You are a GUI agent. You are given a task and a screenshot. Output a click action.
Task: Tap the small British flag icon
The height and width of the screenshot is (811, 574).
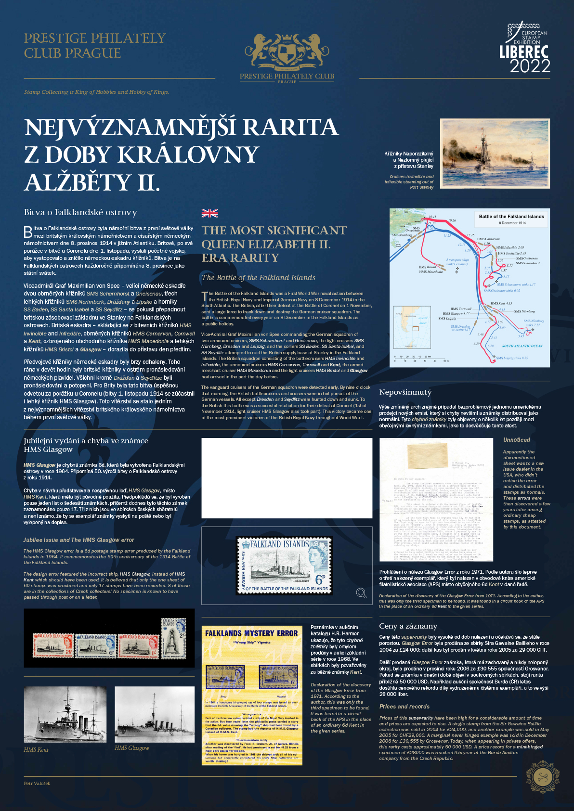tap(209, 213)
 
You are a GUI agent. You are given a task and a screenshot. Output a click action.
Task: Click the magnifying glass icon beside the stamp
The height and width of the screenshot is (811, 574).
tap(361, 593)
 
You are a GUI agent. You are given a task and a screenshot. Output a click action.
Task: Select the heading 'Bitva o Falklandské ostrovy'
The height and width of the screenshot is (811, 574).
tap(80, 212)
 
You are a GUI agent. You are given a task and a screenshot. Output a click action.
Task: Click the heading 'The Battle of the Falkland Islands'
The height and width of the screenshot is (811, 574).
tap(258, 278)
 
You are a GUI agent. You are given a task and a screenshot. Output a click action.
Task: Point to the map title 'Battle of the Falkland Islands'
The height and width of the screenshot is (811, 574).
tap(511, 217)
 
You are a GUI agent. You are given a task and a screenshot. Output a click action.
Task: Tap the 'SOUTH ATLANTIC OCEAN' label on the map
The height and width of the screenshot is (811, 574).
tap(522, 346)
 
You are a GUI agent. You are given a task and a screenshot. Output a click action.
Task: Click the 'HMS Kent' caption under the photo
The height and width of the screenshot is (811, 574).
tap(36, 750)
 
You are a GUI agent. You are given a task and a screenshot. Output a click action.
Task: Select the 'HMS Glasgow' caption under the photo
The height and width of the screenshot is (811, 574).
tap(132, 748)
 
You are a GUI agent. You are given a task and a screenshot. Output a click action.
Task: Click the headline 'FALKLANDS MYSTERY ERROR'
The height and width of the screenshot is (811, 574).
tap(251, 633)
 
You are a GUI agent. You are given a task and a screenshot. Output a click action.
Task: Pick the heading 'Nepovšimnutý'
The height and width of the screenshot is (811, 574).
tap(405, 392)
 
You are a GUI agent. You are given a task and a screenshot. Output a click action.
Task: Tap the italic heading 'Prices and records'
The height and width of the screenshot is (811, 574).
tap(404, 707)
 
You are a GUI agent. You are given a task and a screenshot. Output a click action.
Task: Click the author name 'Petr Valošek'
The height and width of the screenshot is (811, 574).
tap(37, 784)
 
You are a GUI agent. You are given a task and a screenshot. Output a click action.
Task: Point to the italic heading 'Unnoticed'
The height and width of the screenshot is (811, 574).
tap(516, 440)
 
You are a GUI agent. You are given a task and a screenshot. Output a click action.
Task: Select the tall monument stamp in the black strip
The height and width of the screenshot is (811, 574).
tap(172, 638)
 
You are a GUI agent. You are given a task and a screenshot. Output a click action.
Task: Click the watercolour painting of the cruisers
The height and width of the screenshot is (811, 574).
tap(495, 154)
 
